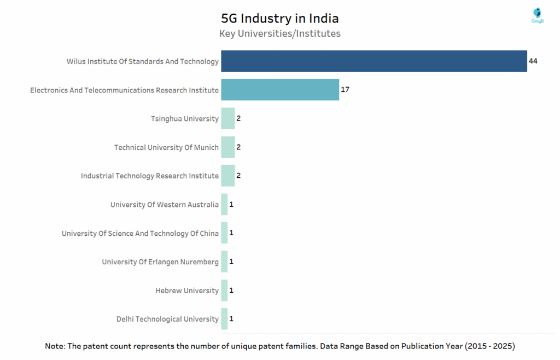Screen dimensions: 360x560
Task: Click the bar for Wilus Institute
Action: tap(374, 61)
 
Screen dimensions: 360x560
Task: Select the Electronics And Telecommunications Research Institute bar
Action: tap(280, 90)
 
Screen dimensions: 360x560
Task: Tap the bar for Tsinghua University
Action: tap(227, 119)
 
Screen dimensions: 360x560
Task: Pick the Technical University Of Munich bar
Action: tap(227, 147)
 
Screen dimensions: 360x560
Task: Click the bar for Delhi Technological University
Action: tap(224, 319)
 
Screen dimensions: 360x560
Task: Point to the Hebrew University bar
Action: tap(224, 291)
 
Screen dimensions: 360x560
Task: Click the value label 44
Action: tap(533, 61)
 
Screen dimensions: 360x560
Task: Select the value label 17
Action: tap(345, 90)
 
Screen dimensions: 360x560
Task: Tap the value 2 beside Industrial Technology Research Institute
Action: tap(238, 176)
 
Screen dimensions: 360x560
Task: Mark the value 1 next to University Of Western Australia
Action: tap(231, 205)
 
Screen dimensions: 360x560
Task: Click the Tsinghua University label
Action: tap(184, 119)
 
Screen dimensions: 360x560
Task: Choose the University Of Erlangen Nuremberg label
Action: tap(160, 262)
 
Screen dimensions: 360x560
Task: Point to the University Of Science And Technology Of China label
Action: tap(140, 234)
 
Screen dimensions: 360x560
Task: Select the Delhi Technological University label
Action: tap(167, 319)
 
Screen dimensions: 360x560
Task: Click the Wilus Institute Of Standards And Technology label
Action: tap(142, 61)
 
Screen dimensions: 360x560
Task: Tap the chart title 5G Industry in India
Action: tap(279, 19)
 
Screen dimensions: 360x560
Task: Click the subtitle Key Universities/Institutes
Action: tap(279, 34)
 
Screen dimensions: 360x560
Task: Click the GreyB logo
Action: tap(537, 15)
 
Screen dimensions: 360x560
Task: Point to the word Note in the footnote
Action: tap(55, 346)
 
